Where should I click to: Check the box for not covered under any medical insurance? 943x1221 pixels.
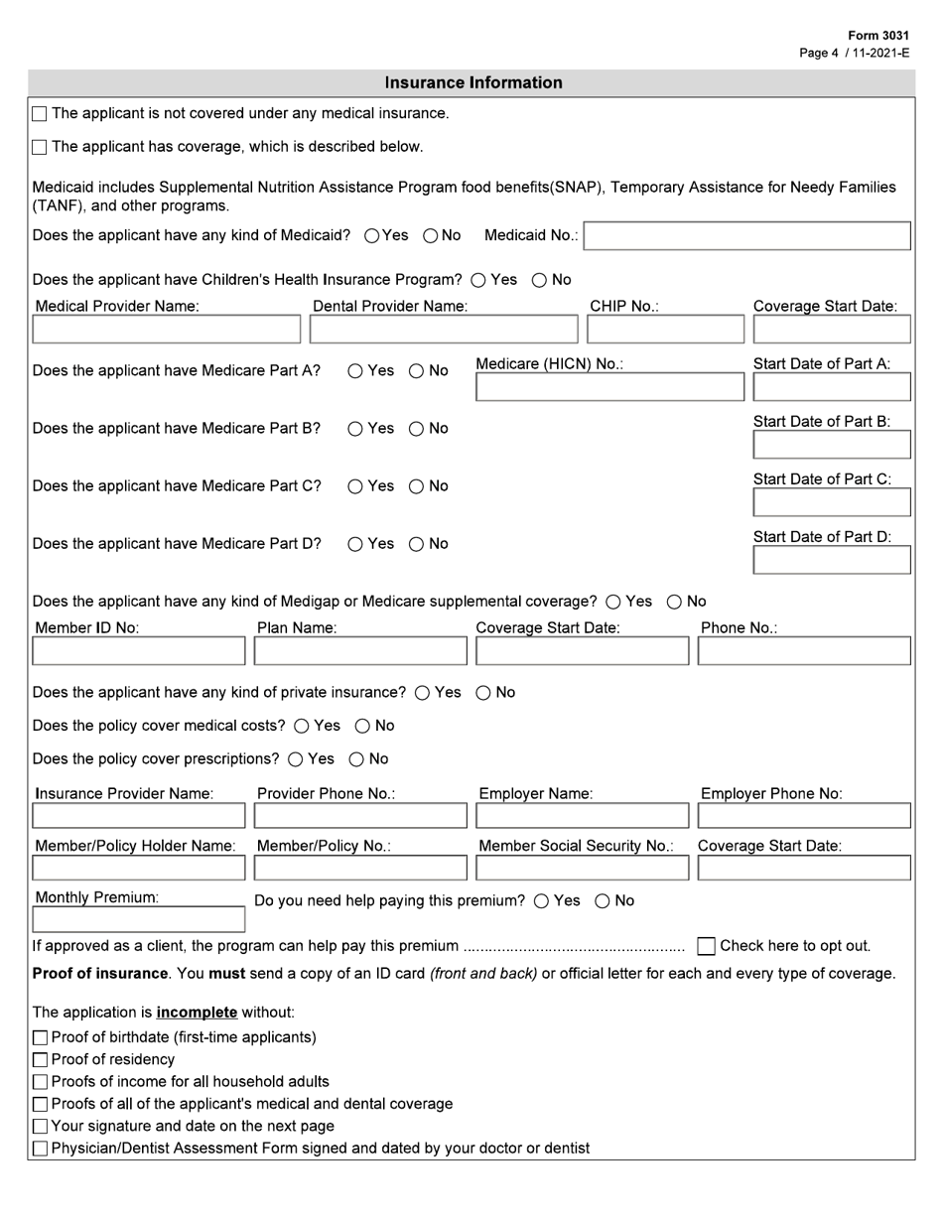(40, 114)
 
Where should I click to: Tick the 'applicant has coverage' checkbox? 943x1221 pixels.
(40, 148)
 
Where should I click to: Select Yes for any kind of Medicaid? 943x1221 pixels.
(371, 236)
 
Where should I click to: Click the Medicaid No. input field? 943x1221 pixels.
(746, 236)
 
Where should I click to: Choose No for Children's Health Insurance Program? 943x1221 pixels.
(539, 280)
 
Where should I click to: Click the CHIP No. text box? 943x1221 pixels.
(664, 329)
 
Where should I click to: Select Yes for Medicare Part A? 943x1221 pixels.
(355, 371)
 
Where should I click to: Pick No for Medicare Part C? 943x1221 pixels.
(417, 486)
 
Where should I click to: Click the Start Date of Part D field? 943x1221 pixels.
(832, 560)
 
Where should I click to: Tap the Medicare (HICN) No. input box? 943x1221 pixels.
(608, 387)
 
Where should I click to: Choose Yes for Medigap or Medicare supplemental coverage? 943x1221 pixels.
(612, 602)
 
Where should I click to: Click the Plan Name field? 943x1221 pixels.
(360, 651)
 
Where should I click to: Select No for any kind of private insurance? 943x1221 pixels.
(483, 693)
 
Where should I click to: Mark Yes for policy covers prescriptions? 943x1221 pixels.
(295, 759)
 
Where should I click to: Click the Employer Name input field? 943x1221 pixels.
(582, 816)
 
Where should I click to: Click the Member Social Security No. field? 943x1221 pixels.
(582, 868)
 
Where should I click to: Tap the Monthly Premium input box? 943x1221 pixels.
(138, 919)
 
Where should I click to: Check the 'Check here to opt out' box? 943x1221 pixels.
(706, 946)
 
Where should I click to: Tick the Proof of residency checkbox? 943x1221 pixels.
(40, 1060)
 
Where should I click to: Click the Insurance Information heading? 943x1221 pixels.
(472, 83)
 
